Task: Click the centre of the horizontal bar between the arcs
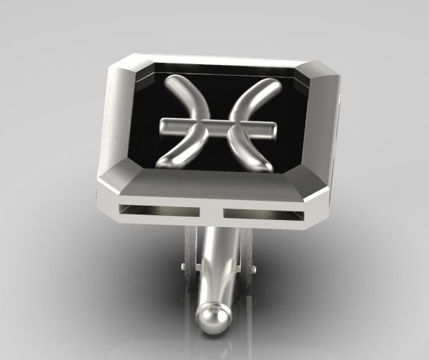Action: click(217, 126)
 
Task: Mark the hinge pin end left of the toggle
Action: click(184, 268)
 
